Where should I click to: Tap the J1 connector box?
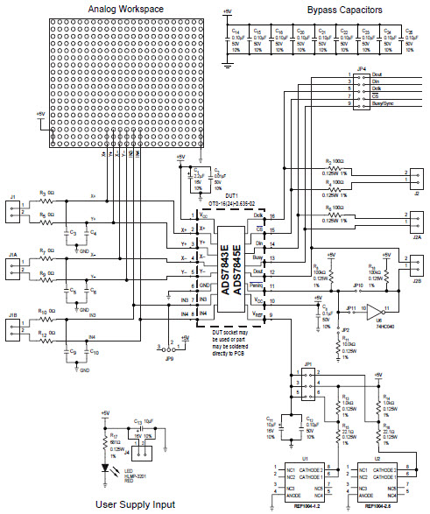coord(13,208)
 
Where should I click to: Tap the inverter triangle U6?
coord(375,310)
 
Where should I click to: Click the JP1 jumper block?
coord(307,382)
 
